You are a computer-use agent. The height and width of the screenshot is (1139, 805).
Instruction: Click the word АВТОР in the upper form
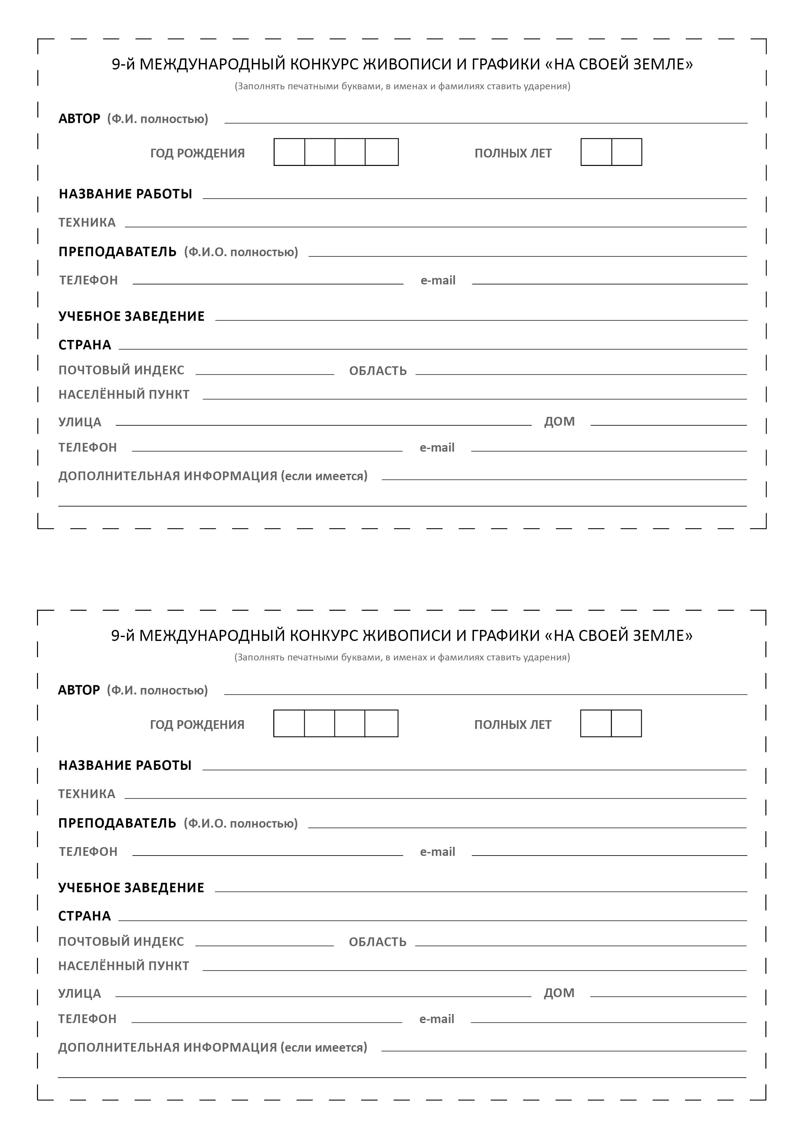79,119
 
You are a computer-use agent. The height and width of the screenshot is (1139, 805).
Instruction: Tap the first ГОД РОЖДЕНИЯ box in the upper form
289,152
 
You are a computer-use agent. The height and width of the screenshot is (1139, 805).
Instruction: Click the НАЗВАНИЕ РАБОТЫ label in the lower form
125,766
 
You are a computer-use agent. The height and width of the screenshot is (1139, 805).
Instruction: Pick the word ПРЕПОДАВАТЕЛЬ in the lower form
117,823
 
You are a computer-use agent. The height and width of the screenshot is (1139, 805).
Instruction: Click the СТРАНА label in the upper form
85,345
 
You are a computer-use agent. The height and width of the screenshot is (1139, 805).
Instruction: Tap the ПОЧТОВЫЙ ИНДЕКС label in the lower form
121,942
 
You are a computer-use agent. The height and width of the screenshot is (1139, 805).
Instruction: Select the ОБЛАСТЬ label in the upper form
378,371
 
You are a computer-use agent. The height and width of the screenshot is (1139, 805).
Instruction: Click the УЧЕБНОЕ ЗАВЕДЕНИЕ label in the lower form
131,887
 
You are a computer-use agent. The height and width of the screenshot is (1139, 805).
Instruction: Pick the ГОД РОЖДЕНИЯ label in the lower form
197,725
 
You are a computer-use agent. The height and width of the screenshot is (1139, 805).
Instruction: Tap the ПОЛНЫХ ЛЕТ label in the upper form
513,154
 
